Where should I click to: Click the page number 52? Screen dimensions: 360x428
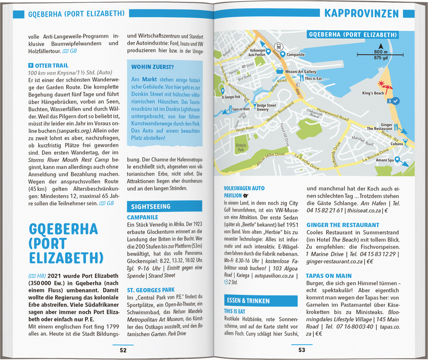(123, 350)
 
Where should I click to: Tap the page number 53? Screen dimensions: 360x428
(302, 350)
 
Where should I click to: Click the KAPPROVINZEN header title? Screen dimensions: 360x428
(361, 13)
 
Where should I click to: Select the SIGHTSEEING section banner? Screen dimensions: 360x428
(151, 206)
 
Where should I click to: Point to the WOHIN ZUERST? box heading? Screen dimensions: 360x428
(153, 67)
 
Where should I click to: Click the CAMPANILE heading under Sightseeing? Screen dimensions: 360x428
(143, 217)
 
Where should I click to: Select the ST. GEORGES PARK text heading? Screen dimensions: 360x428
(151, 290)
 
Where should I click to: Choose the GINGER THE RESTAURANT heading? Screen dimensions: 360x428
(342, 225)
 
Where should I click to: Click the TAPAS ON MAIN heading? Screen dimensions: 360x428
(329, 276)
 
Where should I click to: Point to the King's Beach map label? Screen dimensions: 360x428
(373, 93)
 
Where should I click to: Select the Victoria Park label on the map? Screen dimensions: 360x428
(241, 147)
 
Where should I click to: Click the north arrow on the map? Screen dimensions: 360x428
(381, 46)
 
